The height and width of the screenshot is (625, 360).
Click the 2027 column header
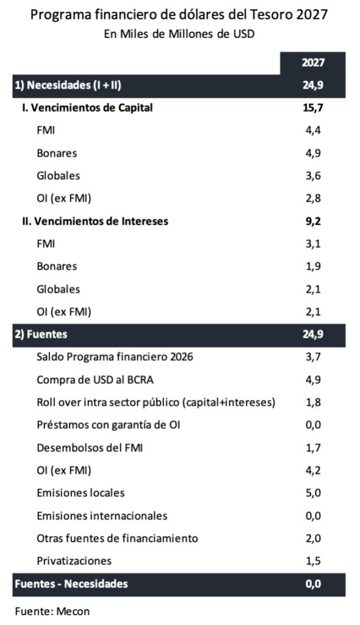pos(313,63)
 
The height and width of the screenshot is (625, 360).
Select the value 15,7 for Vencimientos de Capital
pos(313,107)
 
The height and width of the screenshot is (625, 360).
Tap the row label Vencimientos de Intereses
pos(95,221)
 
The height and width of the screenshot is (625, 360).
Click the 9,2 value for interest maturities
pos(313,221)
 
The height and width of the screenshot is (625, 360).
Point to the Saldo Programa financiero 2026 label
pos(115,356)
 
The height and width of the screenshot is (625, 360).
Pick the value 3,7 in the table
pos(313,356)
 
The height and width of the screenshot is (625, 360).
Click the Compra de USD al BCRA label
pos(95,380)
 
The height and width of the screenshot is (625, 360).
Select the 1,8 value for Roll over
pos(313,402)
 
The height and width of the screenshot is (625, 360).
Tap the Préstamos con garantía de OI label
pos(109,425)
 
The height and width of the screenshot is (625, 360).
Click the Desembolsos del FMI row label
pos(90,447)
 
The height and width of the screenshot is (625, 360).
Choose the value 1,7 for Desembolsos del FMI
pos(313,447)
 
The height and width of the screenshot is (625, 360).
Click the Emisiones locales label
pos(81,493)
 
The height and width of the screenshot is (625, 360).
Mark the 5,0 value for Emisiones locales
pos(313,493)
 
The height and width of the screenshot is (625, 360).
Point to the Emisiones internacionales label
pos(102,516)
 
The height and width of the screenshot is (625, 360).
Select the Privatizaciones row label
pos(74,561)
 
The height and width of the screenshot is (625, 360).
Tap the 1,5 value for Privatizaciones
pos(313,561)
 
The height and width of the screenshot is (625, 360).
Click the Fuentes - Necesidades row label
pos(71,584)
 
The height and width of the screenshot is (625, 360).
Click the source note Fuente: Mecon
pos(52,612)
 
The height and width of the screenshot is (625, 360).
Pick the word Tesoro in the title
pos(272,15)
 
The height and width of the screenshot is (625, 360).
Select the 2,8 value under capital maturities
pos(313,198)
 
